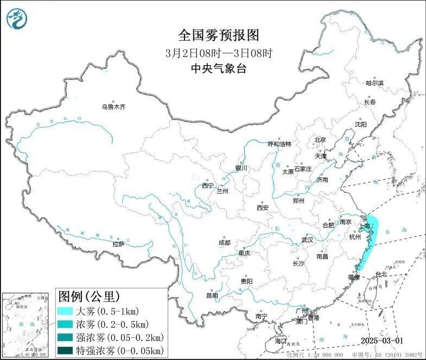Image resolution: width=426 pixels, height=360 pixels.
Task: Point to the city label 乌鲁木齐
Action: (x=113, y=107)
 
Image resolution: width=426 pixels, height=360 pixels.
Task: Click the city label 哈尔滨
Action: (x=374, y=83)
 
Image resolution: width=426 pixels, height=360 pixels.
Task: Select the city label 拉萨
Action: (x=118, y=244)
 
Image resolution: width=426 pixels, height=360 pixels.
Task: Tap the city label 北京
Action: (x=320, y=140)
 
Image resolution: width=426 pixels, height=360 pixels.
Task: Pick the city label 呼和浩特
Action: (x=279, y=144)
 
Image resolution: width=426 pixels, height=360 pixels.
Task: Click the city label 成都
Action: (x=224, y=242)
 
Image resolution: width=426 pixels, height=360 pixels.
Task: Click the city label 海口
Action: (x=280, y=342)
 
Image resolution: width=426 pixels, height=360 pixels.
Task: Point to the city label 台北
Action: (x=382, y=274)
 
